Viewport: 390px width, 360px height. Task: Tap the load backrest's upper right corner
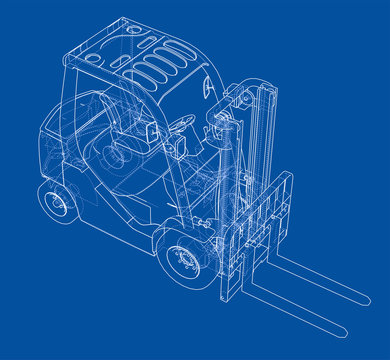[x=289, y=177]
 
